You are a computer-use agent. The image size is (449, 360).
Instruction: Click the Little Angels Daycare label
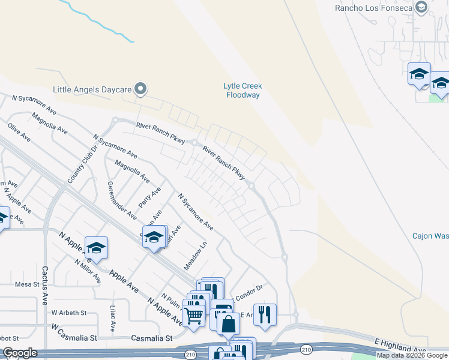click(x=92, y=89)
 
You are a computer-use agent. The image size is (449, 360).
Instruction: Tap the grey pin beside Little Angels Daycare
click(x=141, y=89)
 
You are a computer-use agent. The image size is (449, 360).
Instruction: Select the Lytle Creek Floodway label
click(x=243, y=91)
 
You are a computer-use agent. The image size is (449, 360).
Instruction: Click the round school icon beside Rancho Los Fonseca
click(x=420, y=7)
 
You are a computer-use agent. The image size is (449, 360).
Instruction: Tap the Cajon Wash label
click(x=430, y=236)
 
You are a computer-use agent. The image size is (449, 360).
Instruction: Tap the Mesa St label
click(x=26, y=284)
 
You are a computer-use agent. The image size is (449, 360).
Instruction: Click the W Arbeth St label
click(x=69, y=313)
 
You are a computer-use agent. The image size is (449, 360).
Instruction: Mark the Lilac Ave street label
click(x=113, y=318)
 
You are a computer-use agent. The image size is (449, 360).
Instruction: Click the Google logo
click(x=20, y=353)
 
